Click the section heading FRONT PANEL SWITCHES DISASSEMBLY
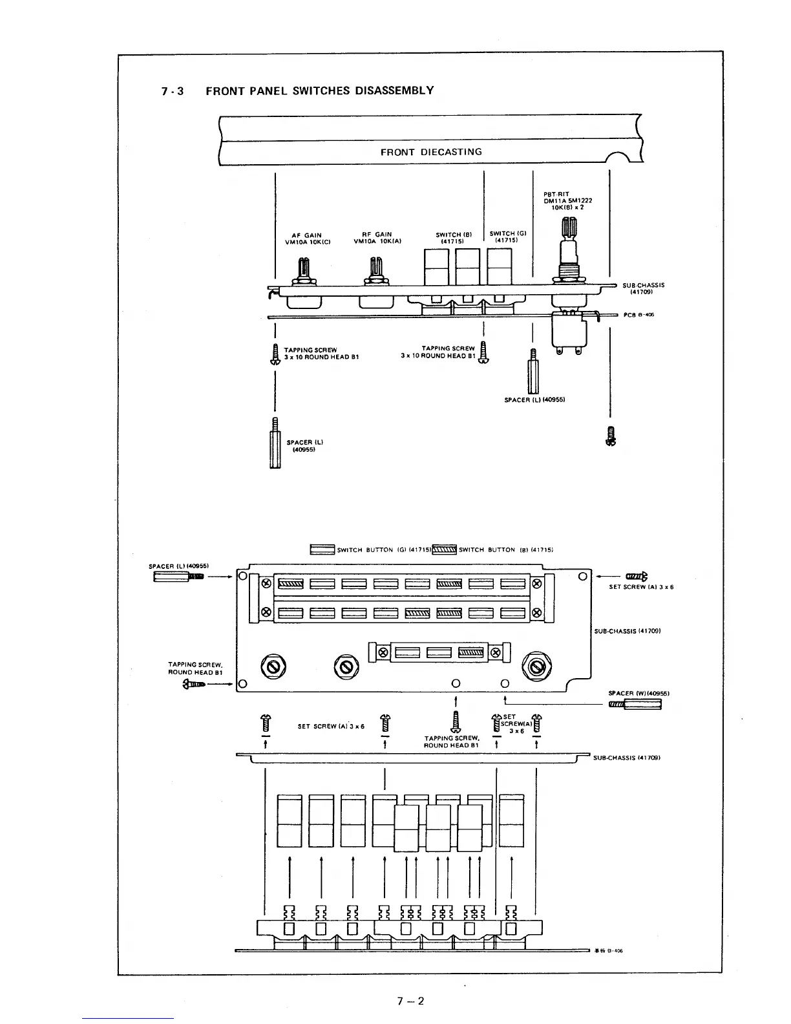(x=319, y=91)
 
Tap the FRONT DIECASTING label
(x=431, y=152)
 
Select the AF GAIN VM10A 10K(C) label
(x=308, y=239)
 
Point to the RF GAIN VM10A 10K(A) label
(x=373, y=239)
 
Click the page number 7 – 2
(x=411, y=1001)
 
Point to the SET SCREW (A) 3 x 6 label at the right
(x=641, y=587)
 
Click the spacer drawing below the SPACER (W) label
(x=636, y=704)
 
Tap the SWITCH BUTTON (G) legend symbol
(x=322, y=550)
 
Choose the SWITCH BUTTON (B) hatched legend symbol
(x=444, y=550)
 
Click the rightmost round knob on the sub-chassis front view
(x=536, y=666)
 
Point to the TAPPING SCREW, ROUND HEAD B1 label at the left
(x=195, y=668)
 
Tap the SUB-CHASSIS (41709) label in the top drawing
(x=644, y=288)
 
